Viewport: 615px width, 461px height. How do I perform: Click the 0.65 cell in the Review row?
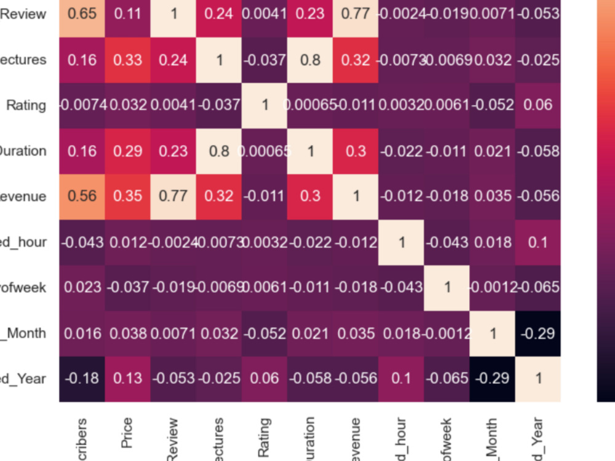coord(82,14)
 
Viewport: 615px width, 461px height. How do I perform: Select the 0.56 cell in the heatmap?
coord(82,196)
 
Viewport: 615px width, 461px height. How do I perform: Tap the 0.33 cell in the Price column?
coord(128,60)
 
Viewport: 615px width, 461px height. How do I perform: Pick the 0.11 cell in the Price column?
coord(128,14)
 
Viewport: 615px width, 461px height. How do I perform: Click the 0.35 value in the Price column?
coord(128,196)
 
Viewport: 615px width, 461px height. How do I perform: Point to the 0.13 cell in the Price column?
coord(128,378)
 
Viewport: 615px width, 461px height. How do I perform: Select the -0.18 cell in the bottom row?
coord(82,378)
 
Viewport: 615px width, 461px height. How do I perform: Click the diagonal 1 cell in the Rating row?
coord(264,105)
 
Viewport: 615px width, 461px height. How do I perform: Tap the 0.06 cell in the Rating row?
coord(538,105)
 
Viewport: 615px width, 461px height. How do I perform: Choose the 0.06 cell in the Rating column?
coord(264,378)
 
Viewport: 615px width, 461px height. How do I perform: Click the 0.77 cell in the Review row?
coord(355,14)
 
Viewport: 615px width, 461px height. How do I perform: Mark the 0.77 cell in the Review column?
coord(173,196)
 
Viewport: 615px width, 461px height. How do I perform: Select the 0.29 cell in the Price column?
coord(128,151)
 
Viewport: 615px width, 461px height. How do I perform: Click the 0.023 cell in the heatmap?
coord(82,287)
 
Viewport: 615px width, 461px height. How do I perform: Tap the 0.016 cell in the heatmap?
coord(82,333)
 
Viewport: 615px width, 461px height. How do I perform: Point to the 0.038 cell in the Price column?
coord(128,333)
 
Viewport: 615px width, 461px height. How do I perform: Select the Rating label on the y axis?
coord(26,105)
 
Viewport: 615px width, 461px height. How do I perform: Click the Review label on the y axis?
coord(23,14)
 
